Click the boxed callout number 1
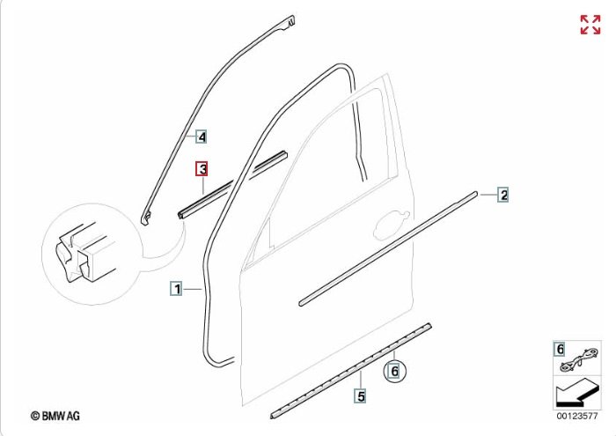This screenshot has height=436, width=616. pos(176,289)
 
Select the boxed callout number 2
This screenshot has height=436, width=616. pos(502,195)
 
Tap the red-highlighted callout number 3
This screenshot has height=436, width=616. pos(202,169)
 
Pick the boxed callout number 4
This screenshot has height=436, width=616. pos(202,137)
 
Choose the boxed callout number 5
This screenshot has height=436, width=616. pos(361,395)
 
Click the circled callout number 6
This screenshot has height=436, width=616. pos(395,370)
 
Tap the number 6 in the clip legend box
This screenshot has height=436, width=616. pos(561,349)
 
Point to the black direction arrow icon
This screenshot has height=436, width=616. pos(576,392)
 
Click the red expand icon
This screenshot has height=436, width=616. pos(590,25)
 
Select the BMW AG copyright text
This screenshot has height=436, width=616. pos(55,416)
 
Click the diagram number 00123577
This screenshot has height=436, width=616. pos(576,416)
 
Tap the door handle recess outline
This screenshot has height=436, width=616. pos(392,225)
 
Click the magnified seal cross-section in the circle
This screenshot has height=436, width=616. pos(84,254)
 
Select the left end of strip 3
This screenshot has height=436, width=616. pos(181,216)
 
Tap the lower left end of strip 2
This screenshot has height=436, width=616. pos(301,303)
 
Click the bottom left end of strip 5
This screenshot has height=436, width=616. pos(272,416)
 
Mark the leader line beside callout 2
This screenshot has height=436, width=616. pos(488,195)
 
